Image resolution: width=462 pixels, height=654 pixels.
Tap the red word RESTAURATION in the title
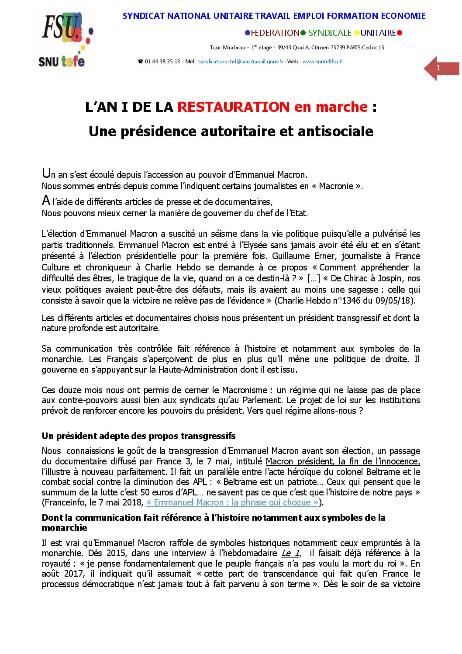[x=233, y=107]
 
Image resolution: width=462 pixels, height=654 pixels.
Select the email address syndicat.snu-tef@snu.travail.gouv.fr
[x=241, y=62]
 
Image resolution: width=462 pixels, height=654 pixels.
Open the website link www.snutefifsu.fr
[x=323, y=62]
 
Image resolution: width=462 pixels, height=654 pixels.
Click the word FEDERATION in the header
[x=275, y=33]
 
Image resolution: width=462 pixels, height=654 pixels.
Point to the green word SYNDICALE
[x=330, y=33]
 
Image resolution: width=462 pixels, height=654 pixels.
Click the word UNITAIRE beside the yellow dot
[x=378, y=33]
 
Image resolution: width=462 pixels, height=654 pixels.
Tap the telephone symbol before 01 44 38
[x=141, y=62]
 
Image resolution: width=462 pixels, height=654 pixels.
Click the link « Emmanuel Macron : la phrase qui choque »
[x=232, y=502]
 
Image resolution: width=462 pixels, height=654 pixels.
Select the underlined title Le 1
[x=290, y=553]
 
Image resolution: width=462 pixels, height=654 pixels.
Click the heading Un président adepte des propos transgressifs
[x=138, y=436]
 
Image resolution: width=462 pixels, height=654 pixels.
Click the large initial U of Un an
[x=46, y=173]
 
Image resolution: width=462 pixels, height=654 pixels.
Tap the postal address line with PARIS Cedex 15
[x=297, y=47]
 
